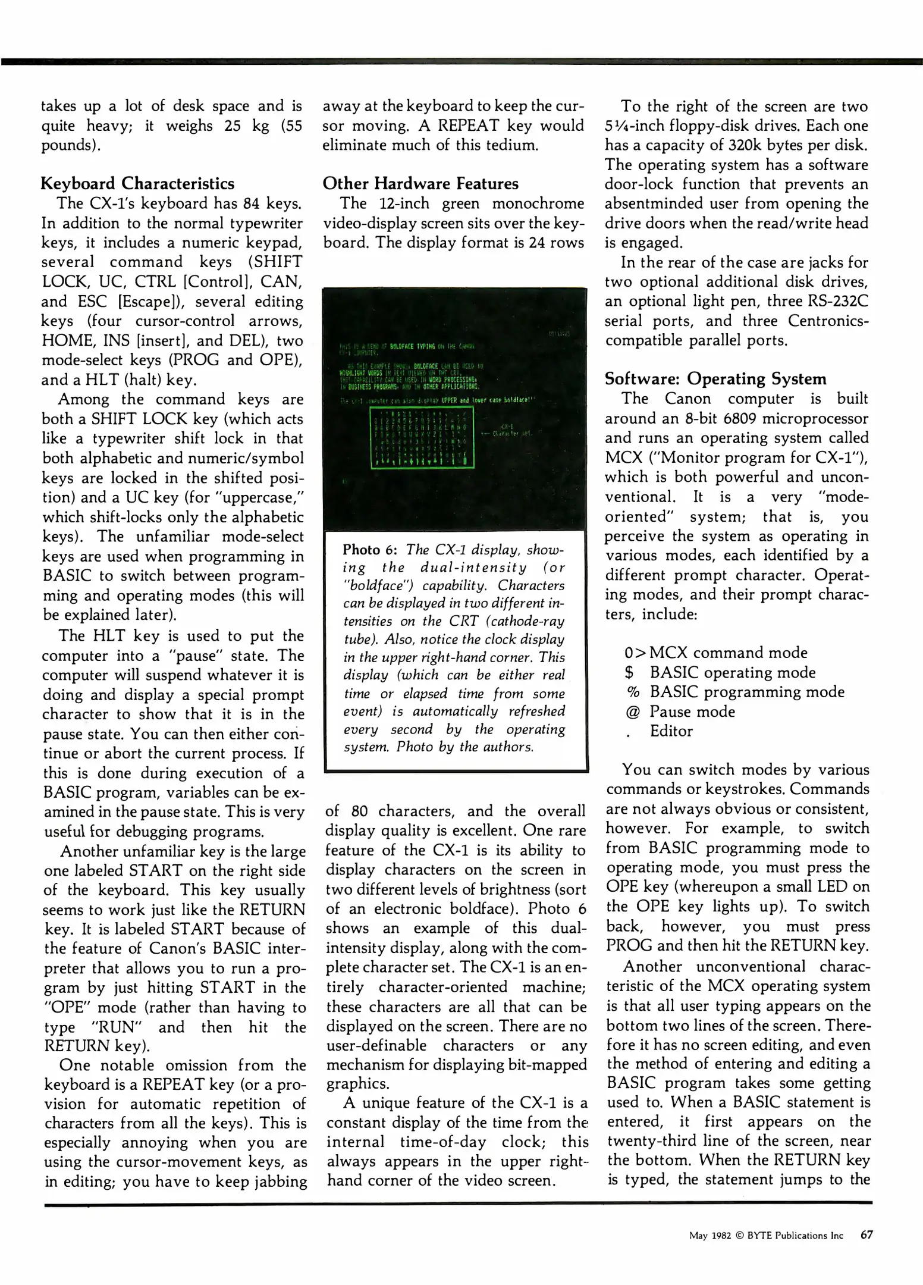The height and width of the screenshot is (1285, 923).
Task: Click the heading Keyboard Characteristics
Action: coord(137,183)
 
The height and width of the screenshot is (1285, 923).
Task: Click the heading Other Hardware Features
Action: coord(420,183)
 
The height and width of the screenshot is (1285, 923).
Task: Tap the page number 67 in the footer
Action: coord(867,1235)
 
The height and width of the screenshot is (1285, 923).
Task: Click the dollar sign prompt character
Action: coord(629,672)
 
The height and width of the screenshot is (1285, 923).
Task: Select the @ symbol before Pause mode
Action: coord(632,712)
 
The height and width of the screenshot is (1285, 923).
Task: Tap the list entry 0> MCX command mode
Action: coord(715,653)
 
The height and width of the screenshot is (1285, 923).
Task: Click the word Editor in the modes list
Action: coord(671,731)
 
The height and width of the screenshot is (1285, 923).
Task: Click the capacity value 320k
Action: coord(746,145)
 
